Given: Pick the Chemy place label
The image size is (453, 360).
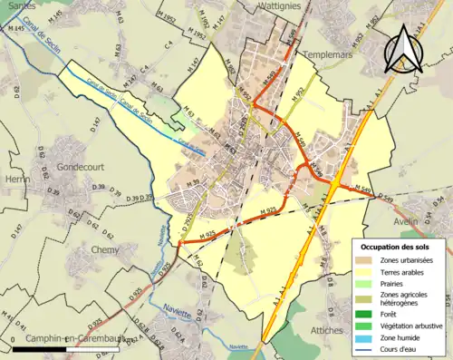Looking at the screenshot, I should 105,248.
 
